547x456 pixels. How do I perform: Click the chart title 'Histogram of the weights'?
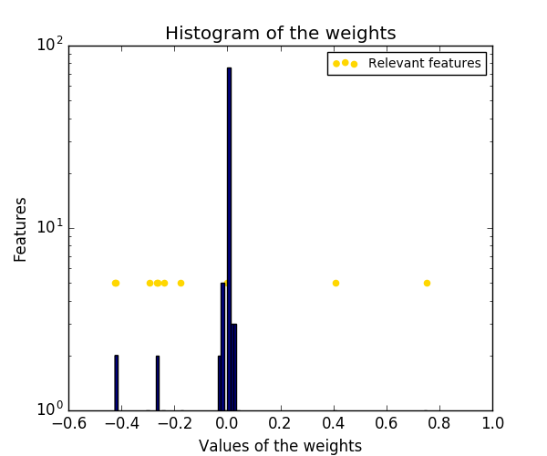(x=280, y=34)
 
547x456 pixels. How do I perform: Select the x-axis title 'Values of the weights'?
(x=280, y=446)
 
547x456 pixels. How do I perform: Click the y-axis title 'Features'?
(x=21, y=227)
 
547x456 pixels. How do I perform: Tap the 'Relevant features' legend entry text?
(x=424, y=64)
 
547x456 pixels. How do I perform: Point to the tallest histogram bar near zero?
(x=229, y=237)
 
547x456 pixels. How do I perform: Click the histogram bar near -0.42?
(x=116, y=383)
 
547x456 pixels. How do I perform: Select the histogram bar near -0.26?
(x=157, y=383)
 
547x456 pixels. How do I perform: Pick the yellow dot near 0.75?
(x=427, y=283)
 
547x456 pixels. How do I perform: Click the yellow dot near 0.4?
(x=335, y=283)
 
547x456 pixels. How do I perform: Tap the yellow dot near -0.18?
(x=181, y=283)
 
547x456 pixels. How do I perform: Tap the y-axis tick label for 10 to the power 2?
(x=47, y=44)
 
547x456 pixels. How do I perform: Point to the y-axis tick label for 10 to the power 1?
(x=47, y=226)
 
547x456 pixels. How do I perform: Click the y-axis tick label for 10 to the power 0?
(x=47, y=409)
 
